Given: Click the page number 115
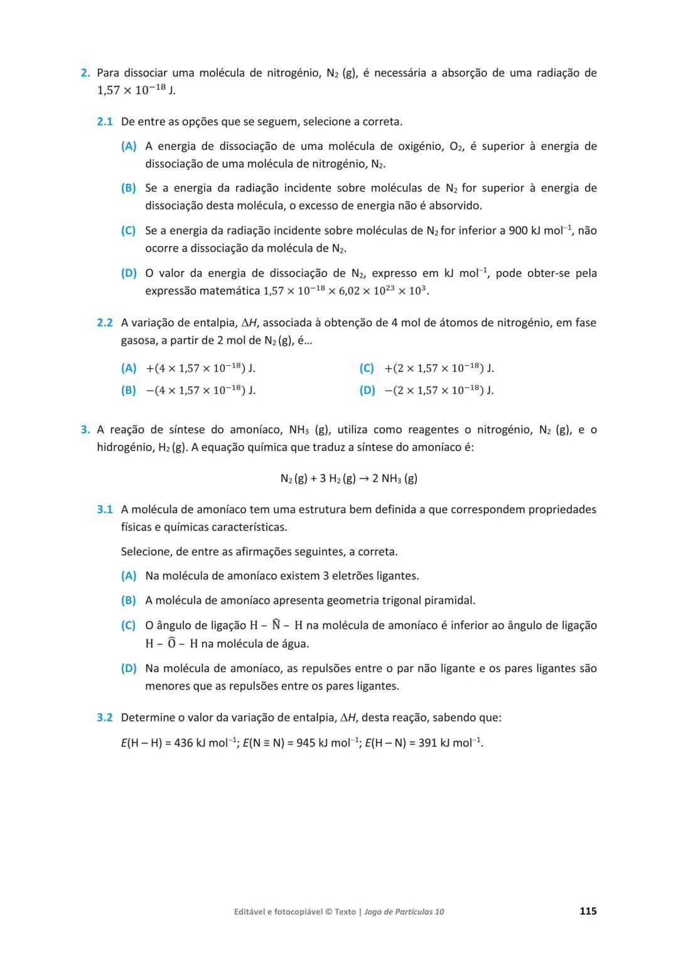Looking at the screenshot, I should tap(588, 911).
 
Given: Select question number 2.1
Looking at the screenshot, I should tap(104, 121).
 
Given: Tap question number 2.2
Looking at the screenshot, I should tap(104, 322).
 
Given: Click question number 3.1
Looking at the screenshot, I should tap(104, 509).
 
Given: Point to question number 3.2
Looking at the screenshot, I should tap(104, 717).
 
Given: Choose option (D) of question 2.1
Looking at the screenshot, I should tap(128, 274).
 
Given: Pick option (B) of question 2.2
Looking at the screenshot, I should tap(128, 390).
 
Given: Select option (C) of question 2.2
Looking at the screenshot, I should tap(367, 368).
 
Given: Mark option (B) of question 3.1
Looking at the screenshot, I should tap(128, 600).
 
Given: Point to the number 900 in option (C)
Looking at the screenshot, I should tap(518, 231).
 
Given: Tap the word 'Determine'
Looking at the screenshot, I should tap(148, 717).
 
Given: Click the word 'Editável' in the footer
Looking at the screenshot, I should tap(251, 912).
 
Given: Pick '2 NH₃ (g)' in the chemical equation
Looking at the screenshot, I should tap(395, 479).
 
